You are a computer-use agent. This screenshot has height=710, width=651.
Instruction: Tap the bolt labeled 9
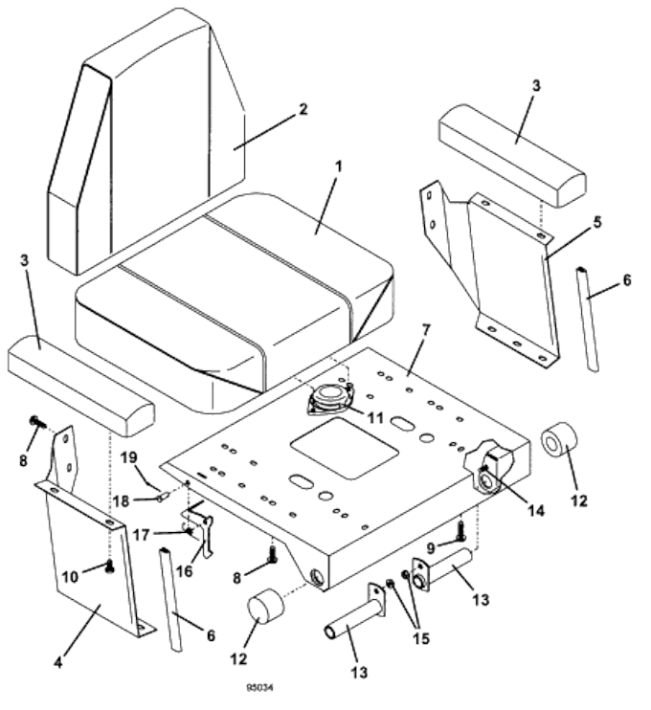[460, 525]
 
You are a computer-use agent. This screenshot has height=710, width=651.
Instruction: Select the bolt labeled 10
[110, 566]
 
